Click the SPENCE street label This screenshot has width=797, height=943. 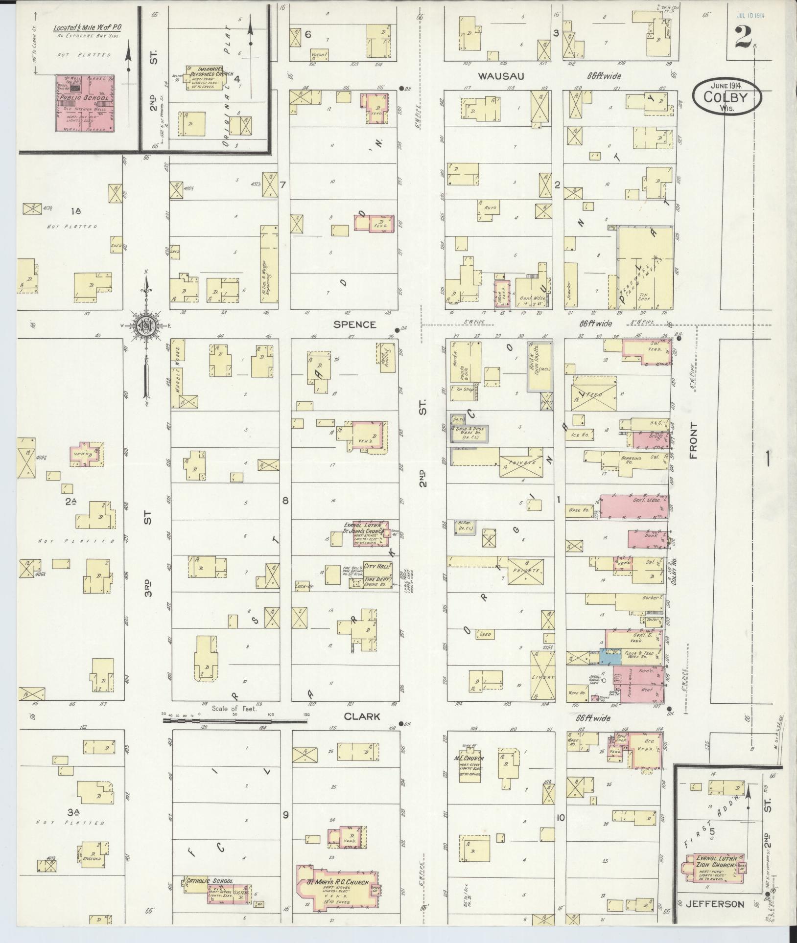pos(355,324)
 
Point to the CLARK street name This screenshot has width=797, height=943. pos(362,716)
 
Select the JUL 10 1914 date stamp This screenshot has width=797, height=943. pos(750,15)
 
